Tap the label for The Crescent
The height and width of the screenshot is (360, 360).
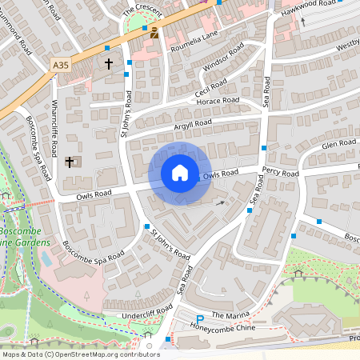pyautogui.click(x=142, y=10)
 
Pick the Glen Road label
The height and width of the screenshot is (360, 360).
pyautogui.click(x=338, y=144)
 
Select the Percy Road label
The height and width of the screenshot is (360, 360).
pyautogui.click(x=280, y=172)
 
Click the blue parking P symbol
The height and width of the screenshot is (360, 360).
pyautogui.click(x=199, y=320)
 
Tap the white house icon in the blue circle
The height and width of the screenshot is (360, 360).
pyautogui.click(x=180, y=173)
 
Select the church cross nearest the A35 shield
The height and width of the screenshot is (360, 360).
pyautogui.click(x=109, y=62)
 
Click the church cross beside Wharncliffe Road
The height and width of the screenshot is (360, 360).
pyautogui.click(x=70, y=162)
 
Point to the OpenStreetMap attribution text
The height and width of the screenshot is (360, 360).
pyautogui.click(x=70, y=354)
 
